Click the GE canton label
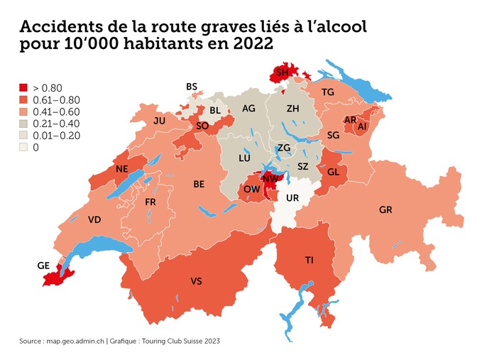(x=43, y=266)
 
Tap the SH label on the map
(x=282, y=72)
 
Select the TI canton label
(x=309, y=261)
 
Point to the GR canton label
(x=385, y=210)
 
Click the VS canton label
(x=196, y=282)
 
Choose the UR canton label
(x=292, y=198)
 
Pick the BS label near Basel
(x=192, y=87)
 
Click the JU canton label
(x=159, y=121)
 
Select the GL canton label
(x=333, y=172)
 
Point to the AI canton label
(x=362, y=126)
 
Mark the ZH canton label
(x=292, y=109)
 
